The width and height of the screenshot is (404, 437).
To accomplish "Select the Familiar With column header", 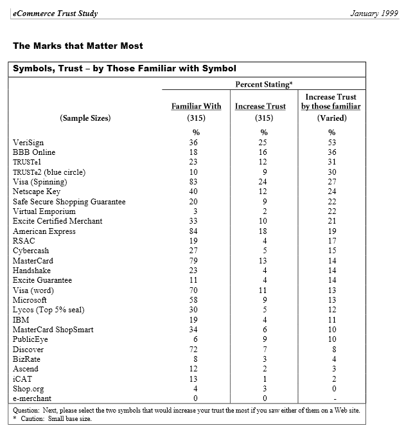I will coord(196,107).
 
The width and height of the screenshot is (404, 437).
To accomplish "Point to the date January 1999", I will coord(374,13).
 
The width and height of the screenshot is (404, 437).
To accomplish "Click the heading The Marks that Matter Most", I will coord(78,46).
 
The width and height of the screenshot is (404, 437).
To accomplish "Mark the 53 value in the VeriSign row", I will coord(331,143).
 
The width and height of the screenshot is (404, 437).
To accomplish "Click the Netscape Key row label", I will coord(37,192).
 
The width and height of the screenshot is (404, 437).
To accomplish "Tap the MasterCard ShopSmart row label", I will coord(53,330).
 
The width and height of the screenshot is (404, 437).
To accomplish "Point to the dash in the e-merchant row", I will coord(331,399).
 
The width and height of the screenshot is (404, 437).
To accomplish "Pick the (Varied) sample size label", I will coord(331,118).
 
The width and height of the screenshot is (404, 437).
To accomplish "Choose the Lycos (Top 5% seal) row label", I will coord(49,310).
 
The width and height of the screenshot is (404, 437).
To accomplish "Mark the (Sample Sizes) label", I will coord(85,118).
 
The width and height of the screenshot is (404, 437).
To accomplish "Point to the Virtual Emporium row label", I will coord(44,211).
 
